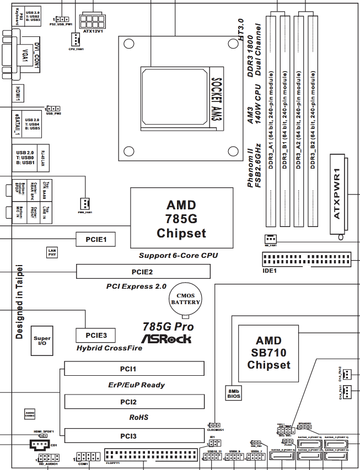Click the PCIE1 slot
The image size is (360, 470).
pos(99,239)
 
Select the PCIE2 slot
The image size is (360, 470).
pos(143,271)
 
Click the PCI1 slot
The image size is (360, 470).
pos(133,368)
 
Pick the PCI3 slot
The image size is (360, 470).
pos(133,436)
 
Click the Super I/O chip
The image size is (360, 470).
pos(42,339)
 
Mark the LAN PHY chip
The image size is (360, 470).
pos(52,252)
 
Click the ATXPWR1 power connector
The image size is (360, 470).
pos(338,196)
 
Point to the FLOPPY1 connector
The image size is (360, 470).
pos(150,455)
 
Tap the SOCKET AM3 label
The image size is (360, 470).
pos(216,99)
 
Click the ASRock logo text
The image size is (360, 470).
pos(166,338)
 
